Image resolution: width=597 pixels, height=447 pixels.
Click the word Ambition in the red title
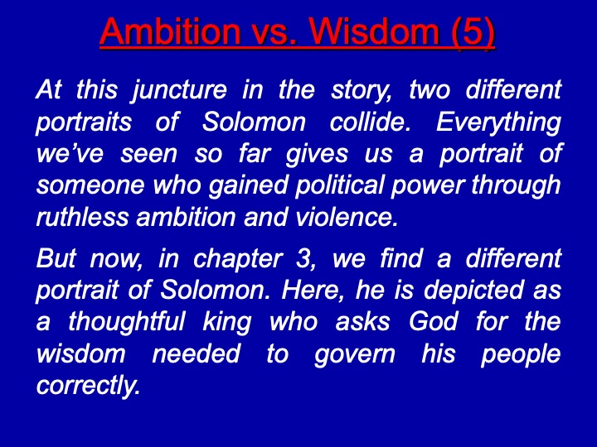point(170,31)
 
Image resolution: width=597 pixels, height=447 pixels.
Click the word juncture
point(179,91)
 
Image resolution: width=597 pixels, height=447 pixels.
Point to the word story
point(362,91)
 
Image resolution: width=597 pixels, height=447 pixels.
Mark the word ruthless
point(82,217)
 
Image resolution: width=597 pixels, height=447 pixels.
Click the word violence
point(346,217)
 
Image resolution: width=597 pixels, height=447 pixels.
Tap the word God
point(434,322)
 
